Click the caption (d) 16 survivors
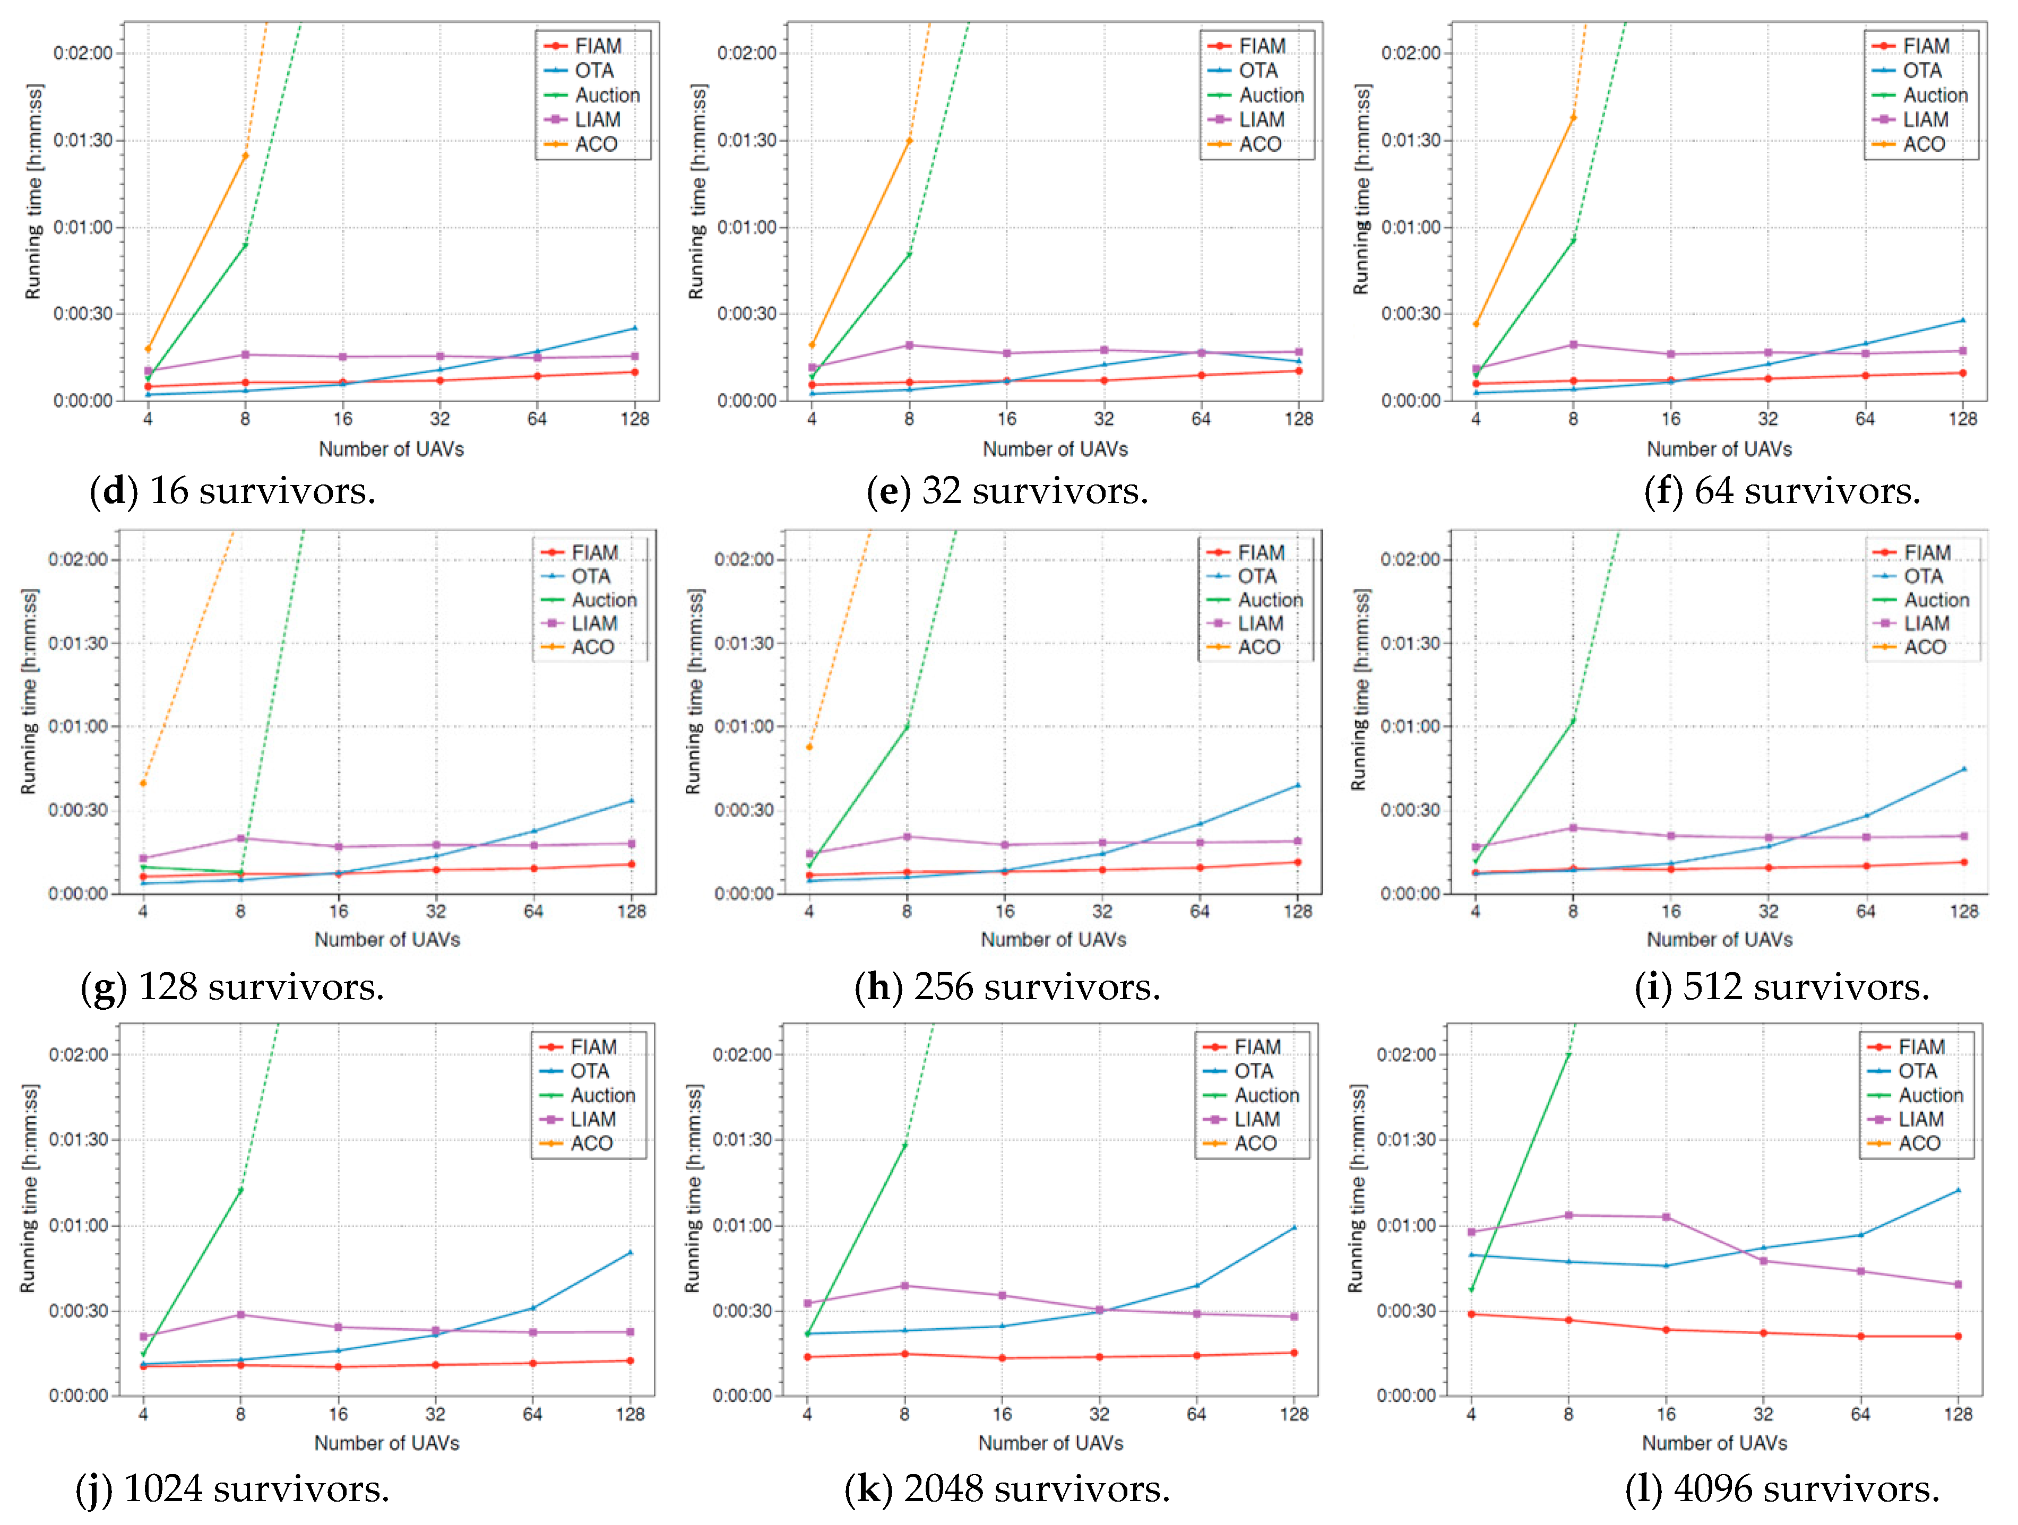232,491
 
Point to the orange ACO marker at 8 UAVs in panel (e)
909,141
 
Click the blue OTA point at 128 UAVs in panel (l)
1958,1190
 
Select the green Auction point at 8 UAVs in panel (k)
904,1146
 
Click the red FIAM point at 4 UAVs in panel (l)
1471,1314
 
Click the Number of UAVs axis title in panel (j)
387,1443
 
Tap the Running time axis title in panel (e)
697,192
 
